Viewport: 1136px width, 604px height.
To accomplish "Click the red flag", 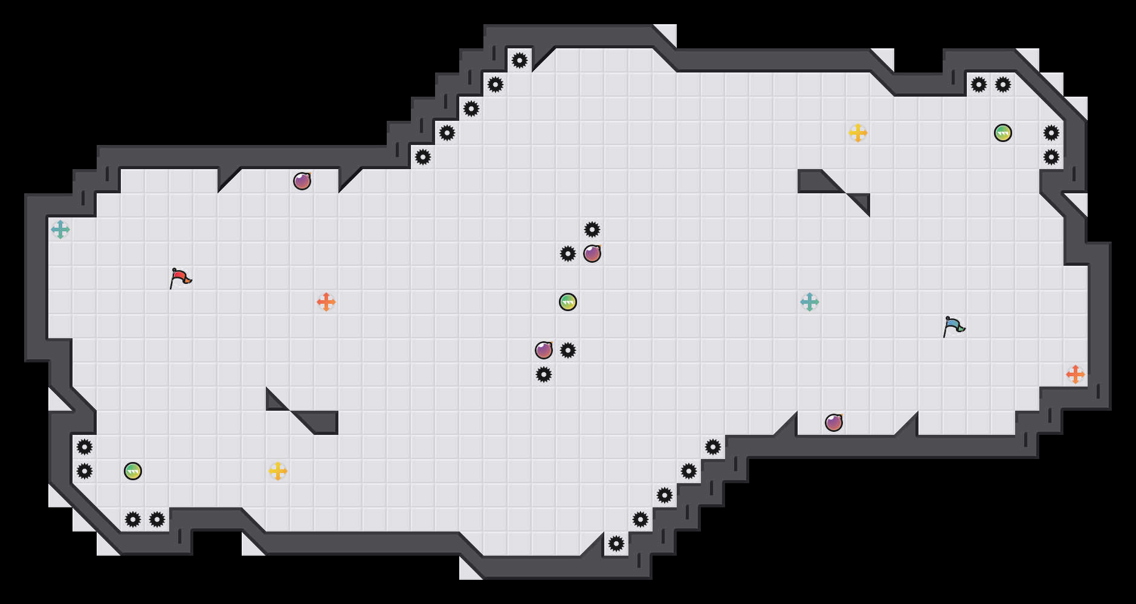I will click(x=179, y=278).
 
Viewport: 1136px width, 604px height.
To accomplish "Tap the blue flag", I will click(x=953, y=327).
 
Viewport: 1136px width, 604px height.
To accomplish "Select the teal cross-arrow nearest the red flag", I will click(x=60, y=230).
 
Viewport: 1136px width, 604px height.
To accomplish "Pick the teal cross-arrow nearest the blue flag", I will click(x=810, y=302).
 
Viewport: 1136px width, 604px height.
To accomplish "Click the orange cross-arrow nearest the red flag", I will click(x=326, y=302).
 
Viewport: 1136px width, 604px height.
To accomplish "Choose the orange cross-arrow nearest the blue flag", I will click(x=1076, y=374).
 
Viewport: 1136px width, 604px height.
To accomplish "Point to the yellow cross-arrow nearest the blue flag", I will click(x=858, y=133).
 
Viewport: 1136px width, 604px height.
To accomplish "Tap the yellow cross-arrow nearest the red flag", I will click(x=278, y=471).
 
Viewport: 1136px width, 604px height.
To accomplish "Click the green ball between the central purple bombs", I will click(x=568, y=302).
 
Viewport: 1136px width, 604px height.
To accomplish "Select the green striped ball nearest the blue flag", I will click(x=1003, y=133).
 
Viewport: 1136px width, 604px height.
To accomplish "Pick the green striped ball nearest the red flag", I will click(x=133, y=471).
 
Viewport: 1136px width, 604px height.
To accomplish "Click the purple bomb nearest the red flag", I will click(x=302, y=181).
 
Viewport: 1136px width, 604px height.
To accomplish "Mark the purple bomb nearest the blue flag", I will click(x=834, y=423).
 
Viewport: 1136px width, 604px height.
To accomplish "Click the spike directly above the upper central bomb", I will click(x=592, y=230).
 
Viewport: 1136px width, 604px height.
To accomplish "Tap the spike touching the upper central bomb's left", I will click(x=568, y=254).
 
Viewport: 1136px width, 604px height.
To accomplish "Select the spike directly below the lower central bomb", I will click(x=544, y=374).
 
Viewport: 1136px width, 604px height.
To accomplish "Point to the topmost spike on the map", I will click(x=520, y=60).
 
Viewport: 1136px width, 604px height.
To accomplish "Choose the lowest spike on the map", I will click(x=616, y=544).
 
